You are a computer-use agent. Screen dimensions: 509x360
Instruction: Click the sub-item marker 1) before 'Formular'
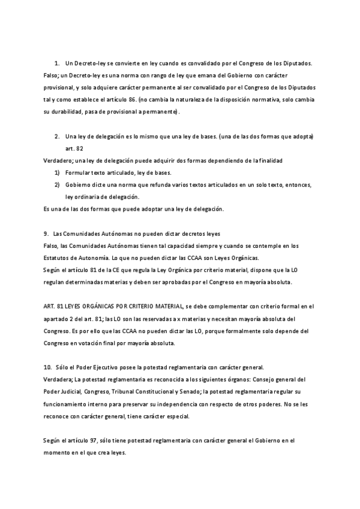[x=57, y=173]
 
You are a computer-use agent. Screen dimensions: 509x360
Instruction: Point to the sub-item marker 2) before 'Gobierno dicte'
[x=57, y=185]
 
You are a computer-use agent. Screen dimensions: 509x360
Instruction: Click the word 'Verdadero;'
[x=58, y=161]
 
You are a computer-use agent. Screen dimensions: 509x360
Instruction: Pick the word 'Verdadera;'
[x=58, y=379]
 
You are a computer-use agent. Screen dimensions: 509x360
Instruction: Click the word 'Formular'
[x=79, y=173]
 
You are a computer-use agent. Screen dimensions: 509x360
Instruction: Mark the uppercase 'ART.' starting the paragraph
[x=50, y=306]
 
